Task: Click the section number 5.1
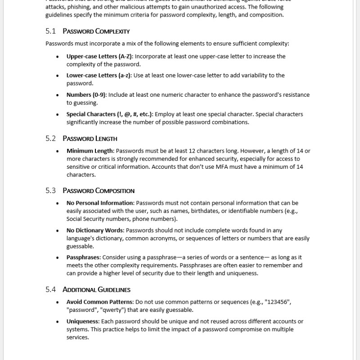50,31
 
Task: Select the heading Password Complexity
96,31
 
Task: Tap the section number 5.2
50,138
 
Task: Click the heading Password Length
90,138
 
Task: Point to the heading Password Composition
98,190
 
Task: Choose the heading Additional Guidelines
96,289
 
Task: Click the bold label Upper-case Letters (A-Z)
99,56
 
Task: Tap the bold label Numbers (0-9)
86,95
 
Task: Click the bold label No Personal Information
100,203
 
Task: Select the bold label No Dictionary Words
94,230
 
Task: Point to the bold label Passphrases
84,257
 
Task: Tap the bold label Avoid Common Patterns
99,301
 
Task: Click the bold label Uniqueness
82,321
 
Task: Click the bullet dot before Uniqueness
57,322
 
